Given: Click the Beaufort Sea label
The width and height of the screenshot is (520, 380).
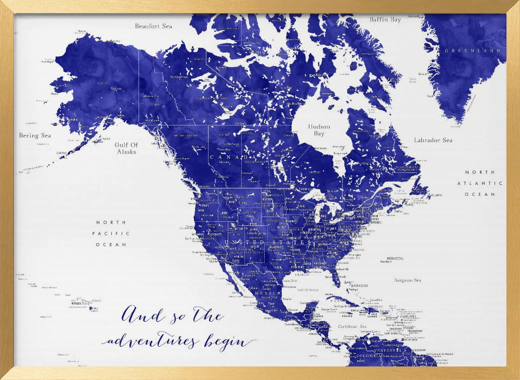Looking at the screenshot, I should (x=153, y=26).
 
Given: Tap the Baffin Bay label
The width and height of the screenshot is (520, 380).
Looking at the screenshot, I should (x=385, y=20).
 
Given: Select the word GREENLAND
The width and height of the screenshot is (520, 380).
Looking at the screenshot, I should (x=472, y=51).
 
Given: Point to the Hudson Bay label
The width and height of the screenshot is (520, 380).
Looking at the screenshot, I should (x=319, y=130).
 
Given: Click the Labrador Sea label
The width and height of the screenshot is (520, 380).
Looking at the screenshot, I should (x=433, y=140).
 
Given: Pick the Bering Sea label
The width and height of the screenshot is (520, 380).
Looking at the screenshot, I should (x=35, y=135).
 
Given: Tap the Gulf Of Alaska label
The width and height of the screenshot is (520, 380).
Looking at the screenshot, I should (x=126, y=148).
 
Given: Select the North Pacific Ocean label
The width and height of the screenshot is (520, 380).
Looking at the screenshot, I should (x=111, y=233).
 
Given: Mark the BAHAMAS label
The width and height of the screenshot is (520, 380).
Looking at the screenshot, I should (x=359, y=285).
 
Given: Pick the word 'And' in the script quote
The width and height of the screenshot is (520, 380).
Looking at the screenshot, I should (x=137, y=314).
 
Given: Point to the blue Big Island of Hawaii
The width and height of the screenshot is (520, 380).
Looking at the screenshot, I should (x=94, y=308).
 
